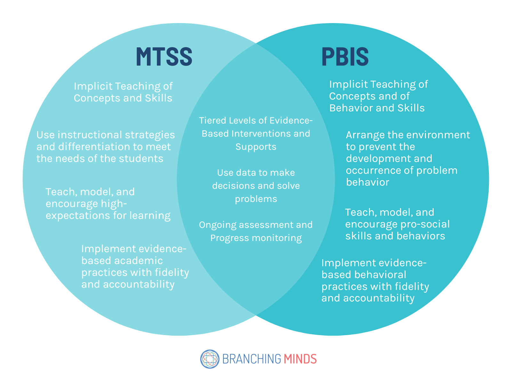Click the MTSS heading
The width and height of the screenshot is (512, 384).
tap(164, 57)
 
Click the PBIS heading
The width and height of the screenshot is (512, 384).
tap(345, 57)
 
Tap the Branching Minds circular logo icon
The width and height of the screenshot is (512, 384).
tap(210, 359)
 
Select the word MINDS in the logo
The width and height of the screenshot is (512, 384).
tap(300, 359)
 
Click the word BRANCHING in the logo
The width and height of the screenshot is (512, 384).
tap(251, 359)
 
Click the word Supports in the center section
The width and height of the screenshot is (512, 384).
tap(256, 147)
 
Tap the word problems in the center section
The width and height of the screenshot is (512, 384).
tap(256, 199)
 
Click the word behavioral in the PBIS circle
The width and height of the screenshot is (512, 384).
tap(383, 275)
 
